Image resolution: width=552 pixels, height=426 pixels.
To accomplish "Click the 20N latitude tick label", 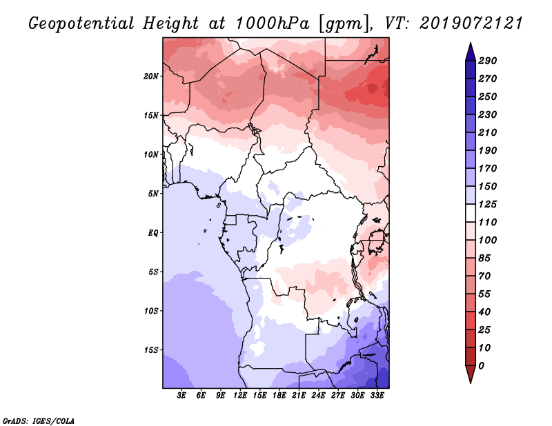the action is [151, 77].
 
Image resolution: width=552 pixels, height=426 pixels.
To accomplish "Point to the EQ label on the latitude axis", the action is [152, 233].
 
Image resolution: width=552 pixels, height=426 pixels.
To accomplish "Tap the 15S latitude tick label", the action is [151, 350].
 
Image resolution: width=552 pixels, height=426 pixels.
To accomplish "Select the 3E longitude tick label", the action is [181, 396].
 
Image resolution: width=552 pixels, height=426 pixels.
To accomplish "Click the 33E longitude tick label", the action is [377, 396].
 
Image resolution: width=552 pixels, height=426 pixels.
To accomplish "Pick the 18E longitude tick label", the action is [279, 396].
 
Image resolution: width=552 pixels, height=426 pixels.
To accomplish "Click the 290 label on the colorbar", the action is [488, 61].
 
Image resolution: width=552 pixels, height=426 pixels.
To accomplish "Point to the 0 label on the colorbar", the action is [481, 366].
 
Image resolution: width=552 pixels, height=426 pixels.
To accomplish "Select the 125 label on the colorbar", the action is [488, 204].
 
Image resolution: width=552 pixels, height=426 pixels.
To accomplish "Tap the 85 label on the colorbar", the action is [484, 258].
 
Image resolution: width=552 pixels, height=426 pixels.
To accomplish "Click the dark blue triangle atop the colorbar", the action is [471, 52].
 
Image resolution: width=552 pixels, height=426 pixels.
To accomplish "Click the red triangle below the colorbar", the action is [471, 374].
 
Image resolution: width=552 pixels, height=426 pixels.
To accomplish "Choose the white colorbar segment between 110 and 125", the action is [471, 213].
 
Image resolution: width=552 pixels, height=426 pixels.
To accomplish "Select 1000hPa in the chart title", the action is [273, 23].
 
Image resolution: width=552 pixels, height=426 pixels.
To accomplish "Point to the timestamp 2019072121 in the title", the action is [471, 23].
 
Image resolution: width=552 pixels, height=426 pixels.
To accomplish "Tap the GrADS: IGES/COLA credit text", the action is [39, 421].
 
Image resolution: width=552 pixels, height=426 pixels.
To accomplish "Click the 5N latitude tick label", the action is [153, 194].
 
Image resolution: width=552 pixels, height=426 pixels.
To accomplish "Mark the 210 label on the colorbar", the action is [488, 132].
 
